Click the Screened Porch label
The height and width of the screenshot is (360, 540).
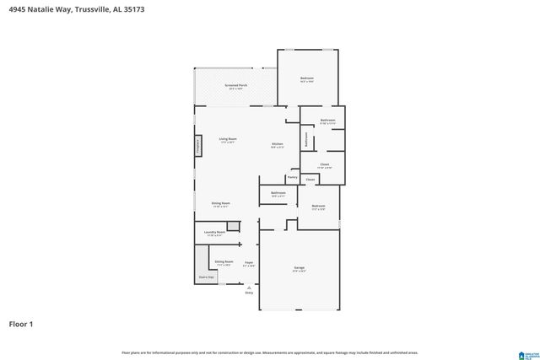pos(236,85)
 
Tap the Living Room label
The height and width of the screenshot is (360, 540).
pos(228,139)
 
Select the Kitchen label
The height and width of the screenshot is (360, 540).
pos(277,144)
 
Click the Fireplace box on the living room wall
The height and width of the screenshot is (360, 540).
pos(198,146)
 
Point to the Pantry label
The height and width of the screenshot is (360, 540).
pos(292,177)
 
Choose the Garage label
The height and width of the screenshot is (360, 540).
pos(300,268)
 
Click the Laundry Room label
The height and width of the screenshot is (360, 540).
pos(214,232)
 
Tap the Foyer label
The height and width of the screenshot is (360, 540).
pos(249,263)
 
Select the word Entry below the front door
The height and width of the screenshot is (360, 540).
pos(249,293)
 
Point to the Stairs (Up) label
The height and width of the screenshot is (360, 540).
pos(205,276)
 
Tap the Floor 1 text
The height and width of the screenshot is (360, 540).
pos(22,323)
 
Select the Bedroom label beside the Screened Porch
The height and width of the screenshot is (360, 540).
pos(307,79)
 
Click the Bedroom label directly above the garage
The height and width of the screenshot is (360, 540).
pos(318,207)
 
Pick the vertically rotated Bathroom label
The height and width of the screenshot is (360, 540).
pos(305,138)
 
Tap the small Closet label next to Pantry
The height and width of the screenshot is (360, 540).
pos(310,180)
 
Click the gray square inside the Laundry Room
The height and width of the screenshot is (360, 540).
pos(232,226)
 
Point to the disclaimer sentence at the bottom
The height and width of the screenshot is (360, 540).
pos(269,352)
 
